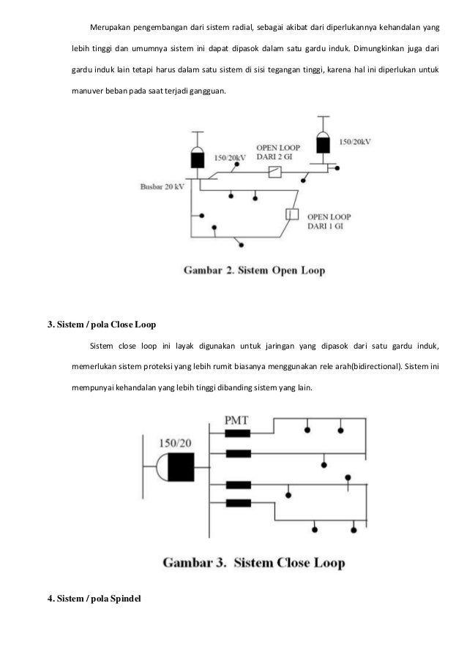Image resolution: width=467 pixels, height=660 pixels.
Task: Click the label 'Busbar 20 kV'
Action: (x=162, y=187)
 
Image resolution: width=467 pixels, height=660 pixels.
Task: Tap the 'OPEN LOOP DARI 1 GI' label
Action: (x=330, y=221)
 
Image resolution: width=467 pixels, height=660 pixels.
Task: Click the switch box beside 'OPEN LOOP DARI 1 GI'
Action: (x=291, y=215)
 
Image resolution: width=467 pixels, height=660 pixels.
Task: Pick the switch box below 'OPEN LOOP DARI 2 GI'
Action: (x=276, y=172)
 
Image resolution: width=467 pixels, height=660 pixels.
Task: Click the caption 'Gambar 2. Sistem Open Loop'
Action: (x=253, y=270)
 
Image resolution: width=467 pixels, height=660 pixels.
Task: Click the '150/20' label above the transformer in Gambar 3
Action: (x=176, y=443)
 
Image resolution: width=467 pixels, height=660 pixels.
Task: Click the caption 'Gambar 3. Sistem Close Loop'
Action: (x=253, y=564)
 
